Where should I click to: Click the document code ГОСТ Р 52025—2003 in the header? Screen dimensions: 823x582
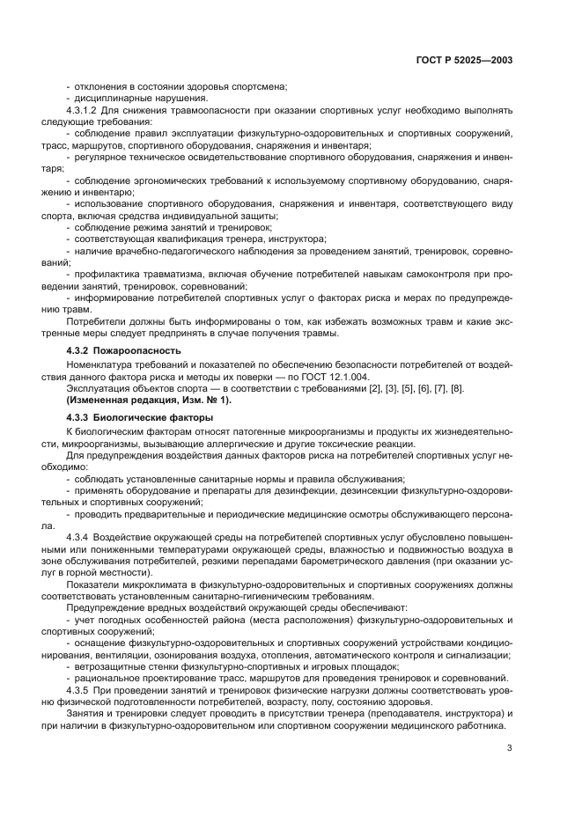[464, 61]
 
